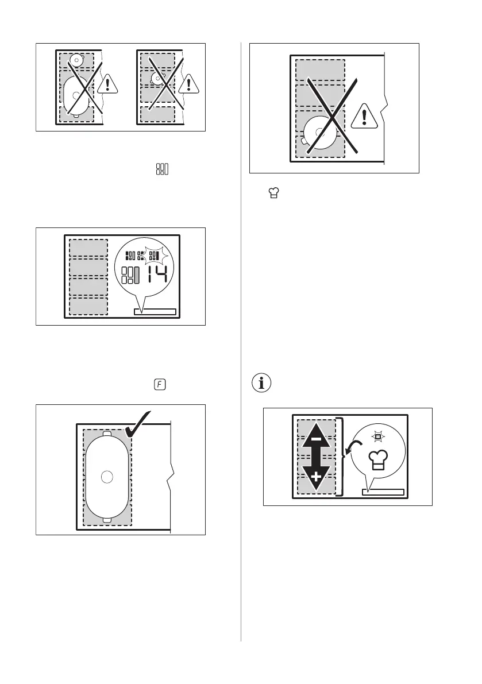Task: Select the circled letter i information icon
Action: tap(261, 383)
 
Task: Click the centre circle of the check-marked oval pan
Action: tap(106, 476)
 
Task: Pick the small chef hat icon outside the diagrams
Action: tap(266, 195)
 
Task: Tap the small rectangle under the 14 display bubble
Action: tap(155, 312)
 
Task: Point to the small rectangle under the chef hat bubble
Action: tap(383, 492)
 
